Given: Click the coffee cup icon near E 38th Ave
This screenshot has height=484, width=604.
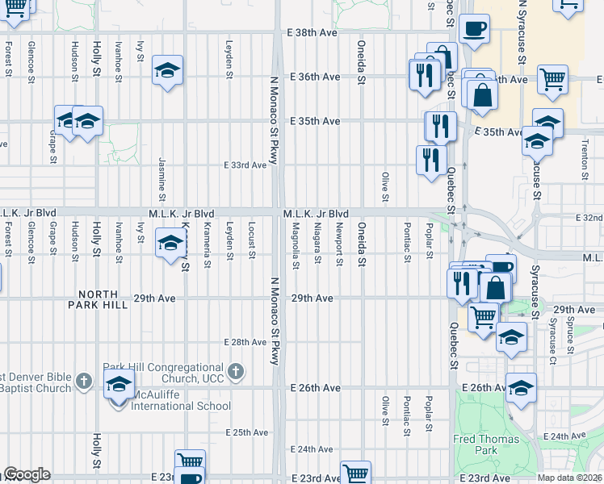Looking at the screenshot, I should coord(474,29).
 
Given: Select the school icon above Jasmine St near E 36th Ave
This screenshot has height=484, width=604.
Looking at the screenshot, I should coord(167,70).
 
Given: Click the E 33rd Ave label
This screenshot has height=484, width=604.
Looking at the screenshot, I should coord(245,165).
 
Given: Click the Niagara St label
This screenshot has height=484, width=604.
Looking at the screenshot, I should coord(318,240).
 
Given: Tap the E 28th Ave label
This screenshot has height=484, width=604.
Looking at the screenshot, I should coord(245,343).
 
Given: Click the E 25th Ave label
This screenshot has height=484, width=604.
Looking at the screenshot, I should coord(247,432).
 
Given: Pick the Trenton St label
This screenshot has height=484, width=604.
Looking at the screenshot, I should coord(583,155).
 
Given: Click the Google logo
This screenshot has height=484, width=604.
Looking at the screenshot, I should coord(26,474).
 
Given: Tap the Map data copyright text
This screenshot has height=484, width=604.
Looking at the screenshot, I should coord(569,478).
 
